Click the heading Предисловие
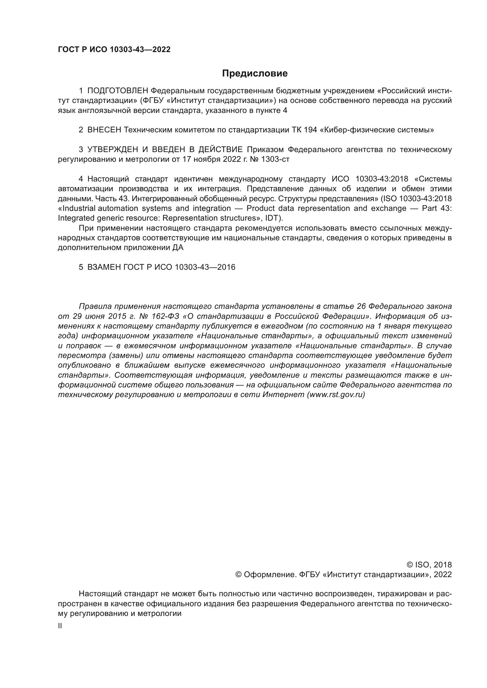click(255, 74)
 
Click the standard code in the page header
click(114, 49)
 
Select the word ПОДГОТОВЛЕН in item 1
click(117, 91)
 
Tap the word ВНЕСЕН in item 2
click(104, 130)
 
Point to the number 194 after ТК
click(310, 130)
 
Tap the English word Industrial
click(79, 208)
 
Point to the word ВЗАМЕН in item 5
click(104, 267)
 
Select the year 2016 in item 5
click(226, 267)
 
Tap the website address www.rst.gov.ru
click(336, 395)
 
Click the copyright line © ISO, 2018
click(429, 565)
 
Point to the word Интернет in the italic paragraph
click(283, 395)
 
